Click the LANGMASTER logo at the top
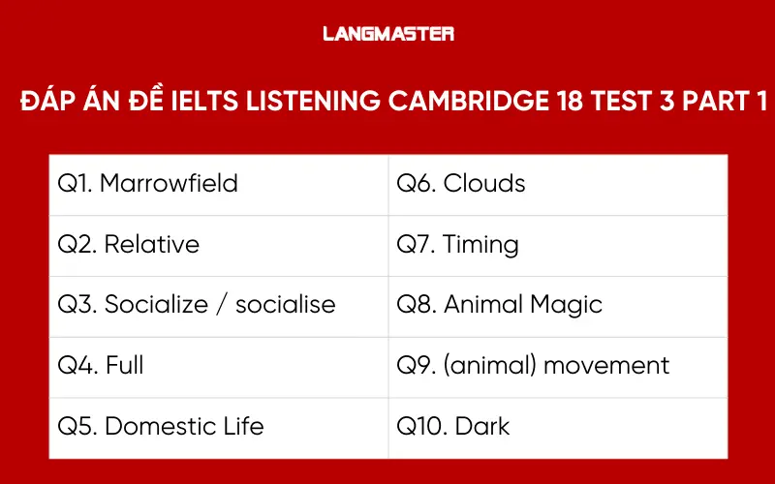click(x=387, y=34)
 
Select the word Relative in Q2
click(x=151, y=244)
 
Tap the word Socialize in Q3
click(x=156, y=304)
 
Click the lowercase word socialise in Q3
click(x=286, y=304)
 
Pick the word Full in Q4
click(x=124, y=365)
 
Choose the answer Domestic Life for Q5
click(x=183, y=426)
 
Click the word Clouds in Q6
click(x=484, y=183)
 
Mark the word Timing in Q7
click(x=480, y=244)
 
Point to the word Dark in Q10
click(x=483, y=426)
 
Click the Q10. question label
click(x=420, y=426)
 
